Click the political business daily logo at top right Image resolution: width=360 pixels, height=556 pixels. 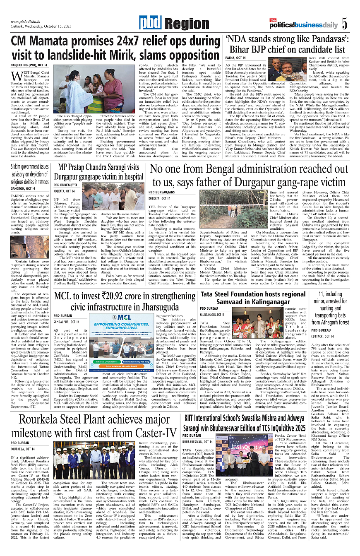304,24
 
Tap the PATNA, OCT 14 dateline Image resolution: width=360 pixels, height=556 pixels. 235,58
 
